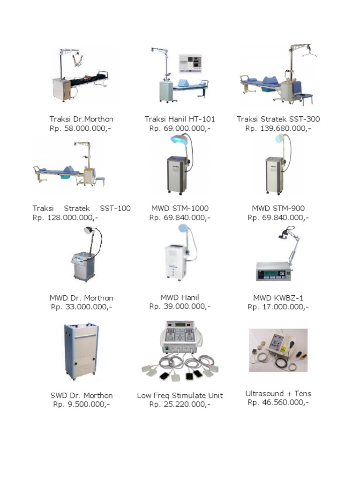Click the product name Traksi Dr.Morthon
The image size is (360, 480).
pyautogui.click(x=82, y=119)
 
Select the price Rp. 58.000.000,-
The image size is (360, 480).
pyautogui.click(x=81, y=128)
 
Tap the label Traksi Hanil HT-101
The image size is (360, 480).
pyautogui.click(x=180, y=119)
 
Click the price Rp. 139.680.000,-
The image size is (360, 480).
pyautogui.click(x=278, y=128)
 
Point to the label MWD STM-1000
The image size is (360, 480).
pyautogui.click(x=180, y=209)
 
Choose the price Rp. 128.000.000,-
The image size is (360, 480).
pyautogui.click(x=65, y=217)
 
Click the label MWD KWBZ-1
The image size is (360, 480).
pyautogui.click(x=278, y=298)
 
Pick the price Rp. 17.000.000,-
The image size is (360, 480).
pyautogui.click(x=278, y=307)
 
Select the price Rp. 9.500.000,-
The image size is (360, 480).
pyautogui.click(x=82, y=405)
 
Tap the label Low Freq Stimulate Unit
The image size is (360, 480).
pyautogui.click(x=180, y=396)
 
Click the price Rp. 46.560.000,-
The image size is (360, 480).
pyautogui.click(x=278, y=402)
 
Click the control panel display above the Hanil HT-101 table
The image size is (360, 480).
pyautogui.click(x=190, y=63)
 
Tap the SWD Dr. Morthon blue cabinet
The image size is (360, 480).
pyautogui.click(x=82, y=352)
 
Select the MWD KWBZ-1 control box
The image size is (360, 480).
pyautogui.click(x=273, y=271)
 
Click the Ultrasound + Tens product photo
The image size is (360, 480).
pyautogui.click(x=278, y=350)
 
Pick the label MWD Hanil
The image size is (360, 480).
pyautogui.click(x=180, y=298)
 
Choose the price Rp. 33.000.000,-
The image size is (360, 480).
pyautogui.click(x=82, y=307)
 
